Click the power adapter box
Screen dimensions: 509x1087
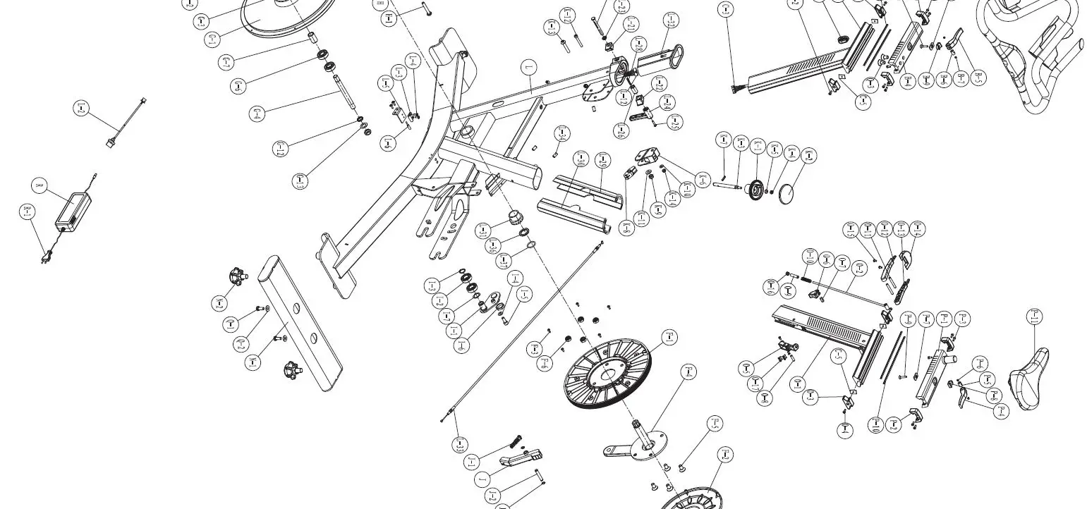click(x=73, y=211)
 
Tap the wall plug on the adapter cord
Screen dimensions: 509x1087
click(x=45, y=255)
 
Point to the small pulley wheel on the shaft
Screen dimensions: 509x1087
click(x=755, y=189)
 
